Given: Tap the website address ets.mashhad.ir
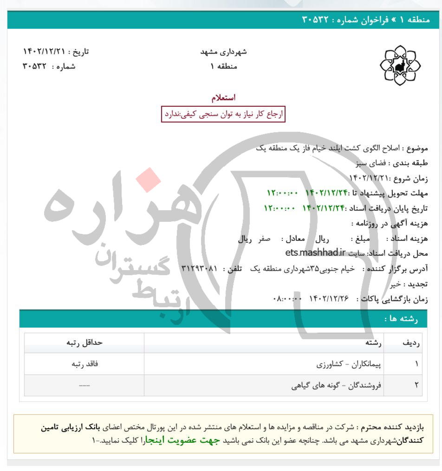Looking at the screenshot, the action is (316, 253).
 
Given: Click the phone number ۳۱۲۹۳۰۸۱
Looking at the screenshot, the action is (198, 269).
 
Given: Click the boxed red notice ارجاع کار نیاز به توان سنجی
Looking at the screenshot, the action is (223, 114).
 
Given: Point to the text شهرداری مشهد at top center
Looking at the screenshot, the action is (223, 52).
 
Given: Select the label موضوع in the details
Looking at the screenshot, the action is (417, 148).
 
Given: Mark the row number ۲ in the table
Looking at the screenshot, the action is (416, 385).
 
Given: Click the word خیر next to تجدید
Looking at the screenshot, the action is (396, 284).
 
